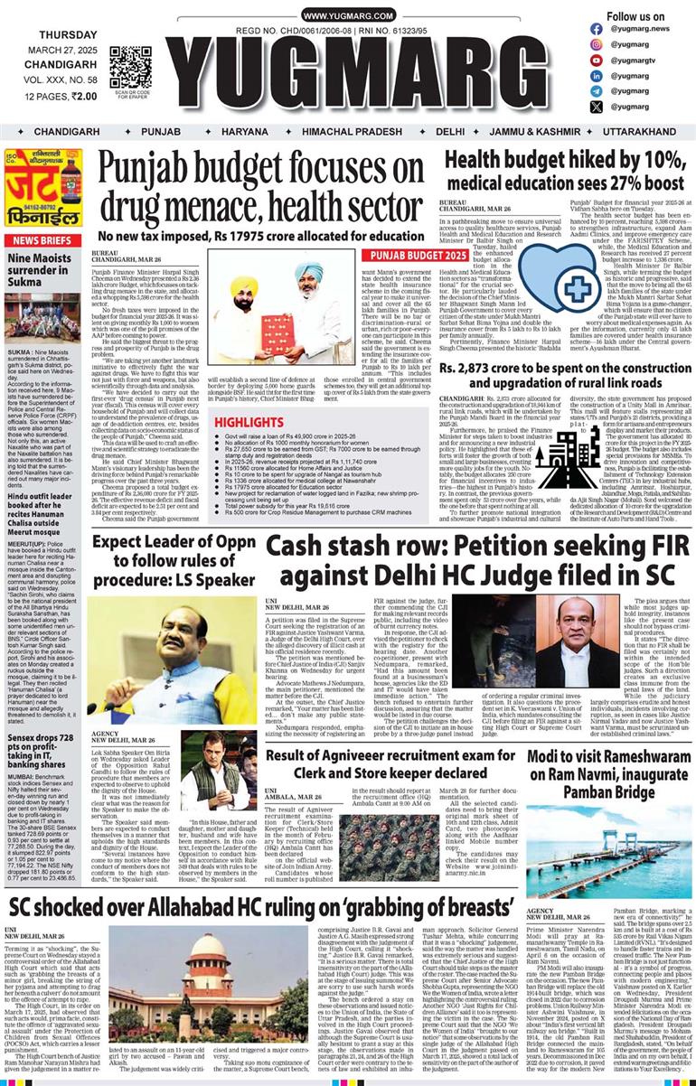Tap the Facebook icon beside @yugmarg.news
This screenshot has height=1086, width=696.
tap(596, 29)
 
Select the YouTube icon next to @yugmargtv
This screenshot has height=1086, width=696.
tap(596, 60)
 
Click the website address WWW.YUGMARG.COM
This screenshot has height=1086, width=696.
tap(348, 16)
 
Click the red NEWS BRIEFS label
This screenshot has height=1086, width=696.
tap(42, 240)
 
